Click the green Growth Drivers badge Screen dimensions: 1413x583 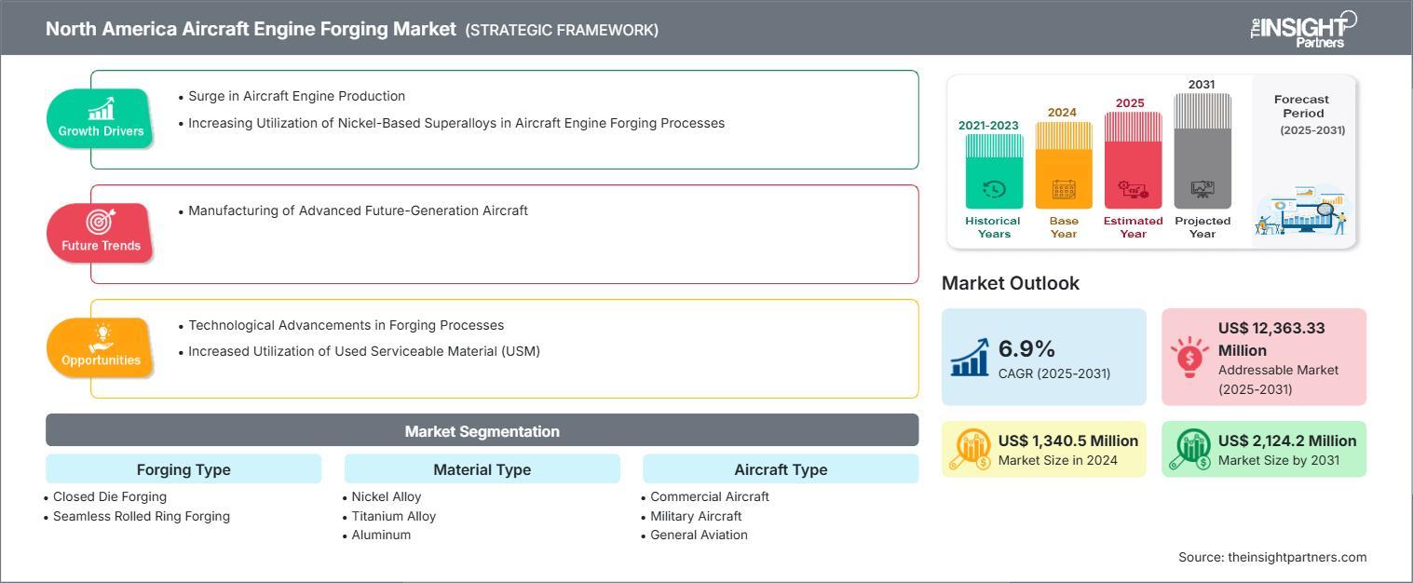[100, 118]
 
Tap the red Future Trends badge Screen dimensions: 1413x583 [100, 233]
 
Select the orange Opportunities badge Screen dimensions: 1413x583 [100, 347]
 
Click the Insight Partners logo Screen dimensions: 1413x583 [1303, 30]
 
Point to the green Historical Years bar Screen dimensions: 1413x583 [994, 171]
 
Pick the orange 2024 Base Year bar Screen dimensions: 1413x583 [1064, 166]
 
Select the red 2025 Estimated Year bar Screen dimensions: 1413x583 [1133, 160]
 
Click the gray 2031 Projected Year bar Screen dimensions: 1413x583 [1202, 151]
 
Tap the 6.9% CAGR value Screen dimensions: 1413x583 [1026, 348]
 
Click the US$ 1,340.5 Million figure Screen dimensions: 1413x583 [1068, 441]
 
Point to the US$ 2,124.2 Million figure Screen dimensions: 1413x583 [1287, 441]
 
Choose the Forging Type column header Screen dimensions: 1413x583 [183, 469]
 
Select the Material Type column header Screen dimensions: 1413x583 [482, 469]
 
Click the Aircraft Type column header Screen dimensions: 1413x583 [781, 469]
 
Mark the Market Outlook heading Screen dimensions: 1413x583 [1011, 283]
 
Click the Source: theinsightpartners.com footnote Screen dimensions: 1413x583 [1272, 557]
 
